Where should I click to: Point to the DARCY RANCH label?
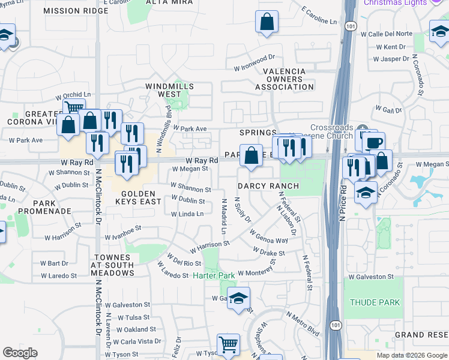(268, 186)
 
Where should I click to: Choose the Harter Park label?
(214, 275)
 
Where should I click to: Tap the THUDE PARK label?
(375, 302)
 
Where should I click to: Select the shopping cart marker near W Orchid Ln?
(74, 109)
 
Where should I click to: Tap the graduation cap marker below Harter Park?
(239, 298)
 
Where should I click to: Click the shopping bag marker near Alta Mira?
(267, 22)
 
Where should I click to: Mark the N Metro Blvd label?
(303, 320)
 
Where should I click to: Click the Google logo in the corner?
(20, 353)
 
